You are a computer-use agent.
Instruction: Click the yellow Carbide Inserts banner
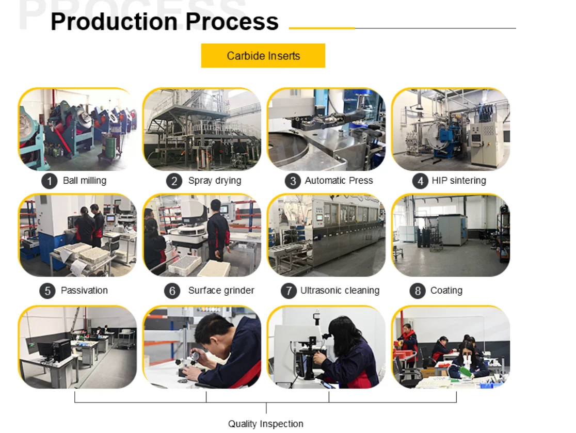pyautogui.click(x=263, y=56)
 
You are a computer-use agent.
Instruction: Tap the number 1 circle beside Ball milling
pyautogui.click(x=49, y=181)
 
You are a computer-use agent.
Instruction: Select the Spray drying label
pyautogui.click(x=215, y=181)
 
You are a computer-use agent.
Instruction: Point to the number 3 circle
pyautogui.click(x=293, y=181)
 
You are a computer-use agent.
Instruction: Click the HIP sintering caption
pyautogui.click(x=459, y=181)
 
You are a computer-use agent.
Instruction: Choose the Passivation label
pyautogui.click(x=84, y=291)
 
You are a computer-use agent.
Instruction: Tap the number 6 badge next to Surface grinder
pyautogui.click(x=172, y=291)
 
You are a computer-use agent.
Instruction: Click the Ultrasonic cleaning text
pyautogui.click(x=340, y=291)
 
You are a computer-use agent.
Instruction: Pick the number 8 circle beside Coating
pyautogui.click(x=418, y=291)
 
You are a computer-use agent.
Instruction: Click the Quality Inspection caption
pyautogui.click(x=266, y=424)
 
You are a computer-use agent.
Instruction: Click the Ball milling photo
pyautogui.click(x=77, y=129)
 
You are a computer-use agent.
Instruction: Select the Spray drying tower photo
pyautogui.click(x=202, y=129)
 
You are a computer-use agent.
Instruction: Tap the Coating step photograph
pyautogui.click(x=451, y=235)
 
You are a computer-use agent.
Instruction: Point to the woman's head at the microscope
pyautogui.click(x=342, y=330)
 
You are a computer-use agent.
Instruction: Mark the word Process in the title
pyautogui.click(x=232, y=21)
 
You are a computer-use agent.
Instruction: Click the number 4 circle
pyautogui.click(x=420, y=181)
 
